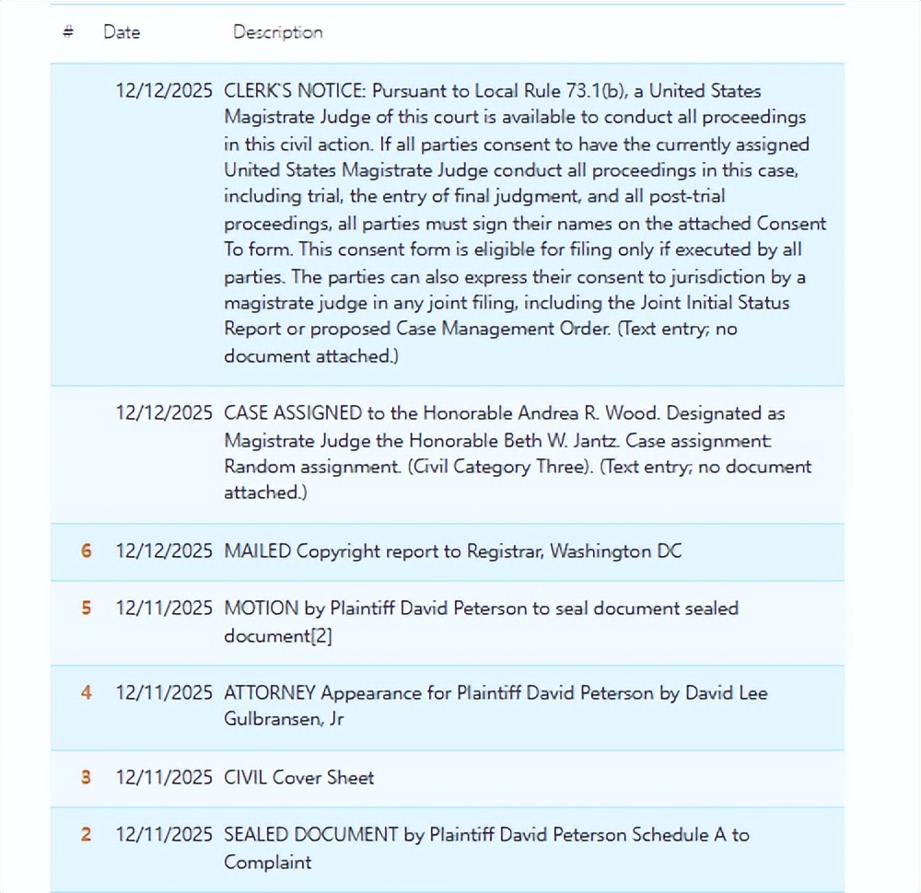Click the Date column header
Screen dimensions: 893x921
click(122, 32)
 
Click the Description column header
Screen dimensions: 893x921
click(277, 32)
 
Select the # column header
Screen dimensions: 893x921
click(68, 32)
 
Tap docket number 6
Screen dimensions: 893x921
click(87, 551)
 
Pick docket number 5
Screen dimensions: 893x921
click(87, 609)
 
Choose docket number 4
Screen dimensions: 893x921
click(87, 692)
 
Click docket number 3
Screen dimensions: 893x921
click(87, 778)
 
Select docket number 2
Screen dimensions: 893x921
click(87, 835)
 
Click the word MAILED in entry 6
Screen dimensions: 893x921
click(257, 551)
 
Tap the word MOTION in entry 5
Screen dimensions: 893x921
click(262, 609)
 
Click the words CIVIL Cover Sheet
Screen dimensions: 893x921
click(299, 778)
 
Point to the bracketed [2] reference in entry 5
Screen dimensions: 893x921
click(320, 636)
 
